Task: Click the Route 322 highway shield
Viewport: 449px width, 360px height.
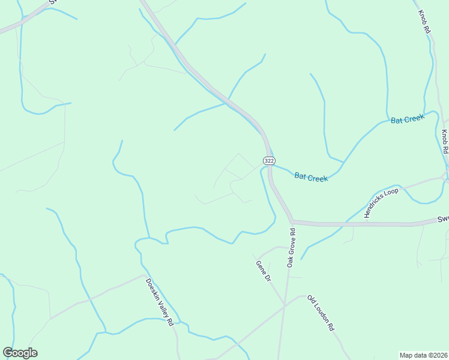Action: [269, 161]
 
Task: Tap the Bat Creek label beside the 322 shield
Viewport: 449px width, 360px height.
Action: [311, 177]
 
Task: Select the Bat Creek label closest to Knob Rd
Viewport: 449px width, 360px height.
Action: [408, 119]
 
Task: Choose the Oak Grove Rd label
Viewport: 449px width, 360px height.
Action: [291, 248]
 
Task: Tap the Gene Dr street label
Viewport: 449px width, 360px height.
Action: [264, 271]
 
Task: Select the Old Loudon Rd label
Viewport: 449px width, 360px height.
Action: [321, 313]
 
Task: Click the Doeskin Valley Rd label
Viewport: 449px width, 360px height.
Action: [160, 302]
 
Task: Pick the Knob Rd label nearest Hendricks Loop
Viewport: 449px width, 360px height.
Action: [445, 142]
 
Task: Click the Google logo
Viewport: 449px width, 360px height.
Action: [20, 353]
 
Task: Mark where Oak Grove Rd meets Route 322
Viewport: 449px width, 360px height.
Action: [292, 221]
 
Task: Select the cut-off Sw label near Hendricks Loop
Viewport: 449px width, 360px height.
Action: [443, 219]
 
